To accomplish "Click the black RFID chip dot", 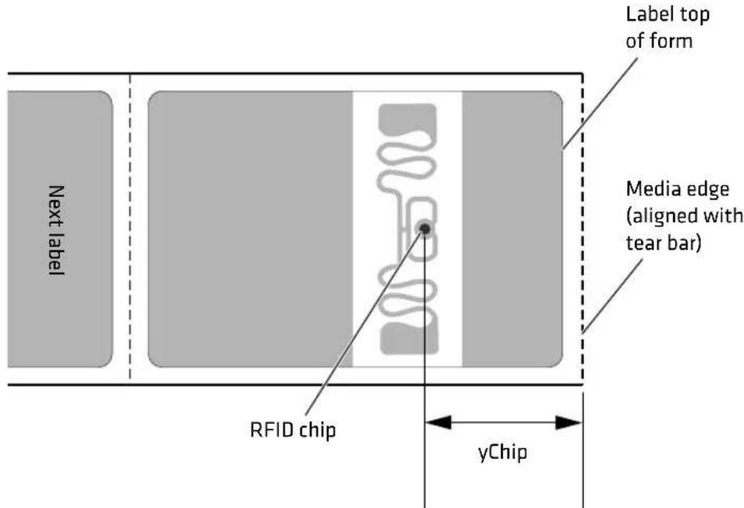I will click(x=425, y=230).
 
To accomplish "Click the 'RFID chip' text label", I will click(x=287, y=430).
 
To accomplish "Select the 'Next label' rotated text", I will click(x=56, y=230).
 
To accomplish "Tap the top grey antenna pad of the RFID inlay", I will click(x=405, y=119).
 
